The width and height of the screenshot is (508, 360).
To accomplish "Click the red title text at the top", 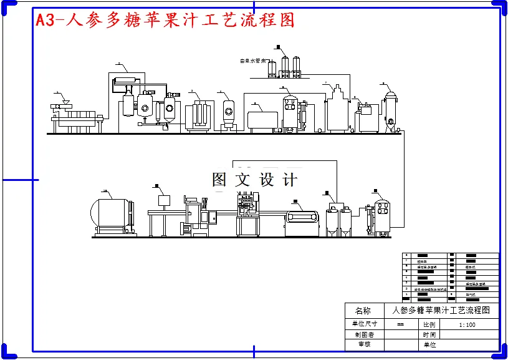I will [x=165, y=20].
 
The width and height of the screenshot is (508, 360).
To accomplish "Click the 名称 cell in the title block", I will [x=362, y=310].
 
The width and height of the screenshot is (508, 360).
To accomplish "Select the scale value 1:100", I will [x=466, y=324].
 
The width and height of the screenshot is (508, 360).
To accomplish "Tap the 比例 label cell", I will [x=429, y=324].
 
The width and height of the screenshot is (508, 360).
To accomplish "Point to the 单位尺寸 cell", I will [x=364, y=324].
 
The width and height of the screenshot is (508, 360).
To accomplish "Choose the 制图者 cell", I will [x=364, y=334].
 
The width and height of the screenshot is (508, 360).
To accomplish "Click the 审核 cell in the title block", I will [x=364, y=344].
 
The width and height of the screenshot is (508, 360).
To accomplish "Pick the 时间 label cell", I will [x=429, y=334].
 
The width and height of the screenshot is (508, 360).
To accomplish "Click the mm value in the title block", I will [x=400, y=324].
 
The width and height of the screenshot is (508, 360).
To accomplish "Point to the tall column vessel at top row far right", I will [x=391, y=110].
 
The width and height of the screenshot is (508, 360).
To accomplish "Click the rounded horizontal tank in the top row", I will [x=262, y=119].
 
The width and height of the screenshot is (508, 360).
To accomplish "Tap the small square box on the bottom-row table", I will [x=165, y=201].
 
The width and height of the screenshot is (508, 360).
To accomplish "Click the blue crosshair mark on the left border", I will [x=19, y=180].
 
